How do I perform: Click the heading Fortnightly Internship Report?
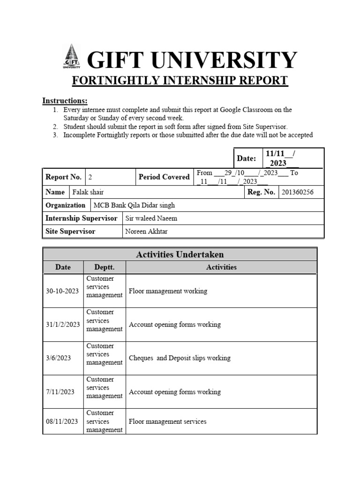click(x=180, y=81)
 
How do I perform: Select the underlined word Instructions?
click(x=65, y=101)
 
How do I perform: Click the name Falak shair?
click(x=89, y=192)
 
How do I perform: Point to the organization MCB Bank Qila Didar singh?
click(x=134, y=205)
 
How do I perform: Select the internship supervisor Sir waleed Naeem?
click(x=151, y=218)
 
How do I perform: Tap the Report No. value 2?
click(x=90, y=177)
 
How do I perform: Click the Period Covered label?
click(x=164, y=177)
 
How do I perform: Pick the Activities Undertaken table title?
click(x=180, y=255)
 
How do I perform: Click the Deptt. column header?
click(x=104, y=267)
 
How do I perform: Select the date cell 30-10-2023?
click(x=63, y=291)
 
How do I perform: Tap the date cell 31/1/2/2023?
click(x=63, y=324)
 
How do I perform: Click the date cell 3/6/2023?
click(x=59, y=358)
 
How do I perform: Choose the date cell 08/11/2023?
click(x=62, y=421)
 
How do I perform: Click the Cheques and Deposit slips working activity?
click(x=180, y=358)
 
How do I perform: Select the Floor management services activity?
click(x=167, y=421)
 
